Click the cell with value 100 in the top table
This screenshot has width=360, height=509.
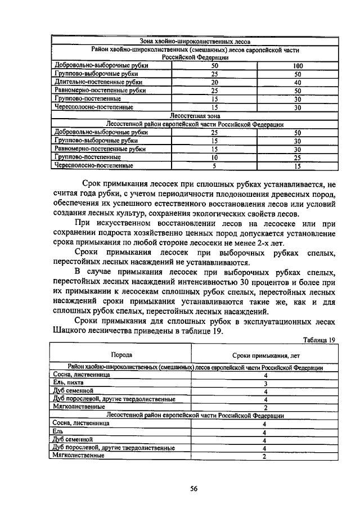click(x=298, y=66)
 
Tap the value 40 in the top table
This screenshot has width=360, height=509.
click(x=298, y=82)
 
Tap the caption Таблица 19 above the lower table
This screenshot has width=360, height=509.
click(x=318, y=340)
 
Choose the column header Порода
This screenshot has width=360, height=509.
click(x=121, y=355)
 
